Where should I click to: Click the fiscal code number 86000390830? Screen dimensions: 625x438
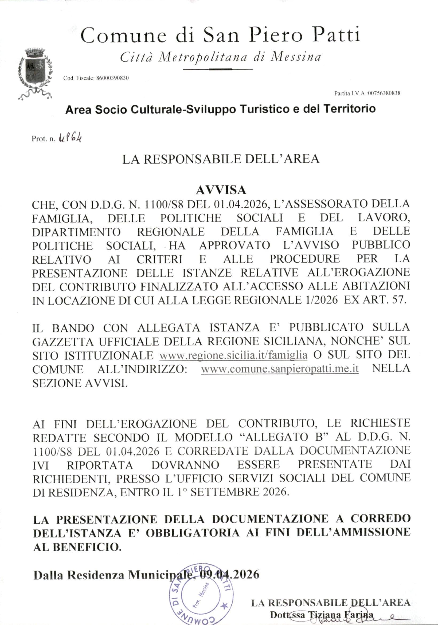pos(112,78)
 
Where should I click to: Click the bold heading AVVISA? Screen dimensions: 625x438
pos(221,191)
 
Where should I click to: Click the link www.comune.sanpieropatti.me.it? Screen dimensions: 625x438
pos(280,369)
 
